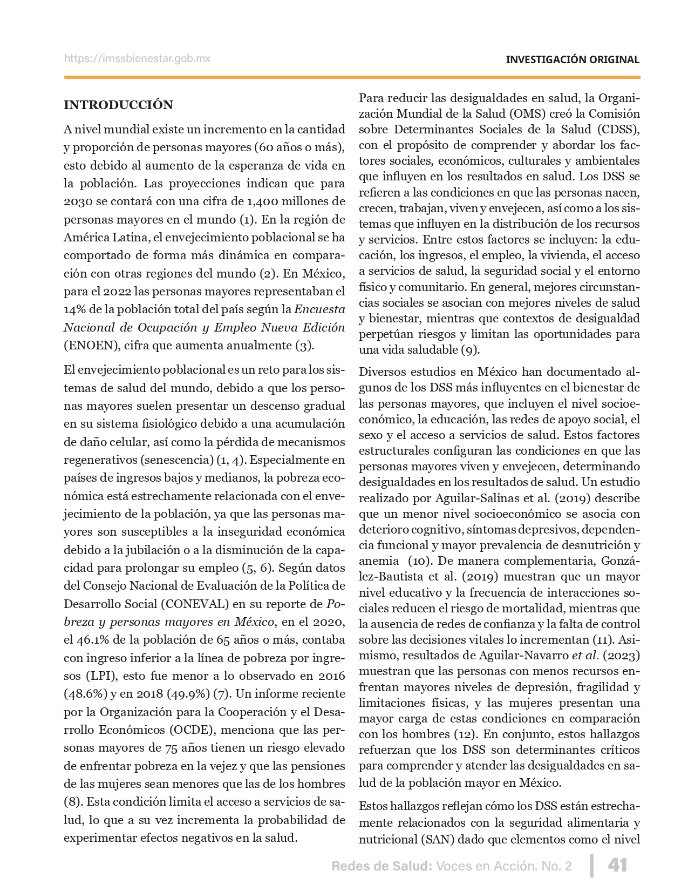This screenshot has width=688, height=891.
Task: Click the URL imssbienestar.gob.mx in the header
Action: [137, 58]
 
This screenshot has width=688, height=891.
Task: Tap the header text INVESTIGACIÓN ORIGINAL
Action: [572, 60]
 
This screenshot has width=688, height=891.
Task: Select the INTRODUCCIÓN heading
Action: [118, 105]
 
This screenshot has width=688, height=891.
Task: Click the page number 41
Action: [617, 865]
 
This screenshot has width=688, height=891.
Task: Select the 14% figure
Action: [74, 309]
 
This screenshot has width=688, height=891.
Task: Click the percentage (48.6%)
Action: [84, 694]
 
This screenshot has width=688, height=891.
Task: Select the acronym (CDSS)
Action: [618, 130]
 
